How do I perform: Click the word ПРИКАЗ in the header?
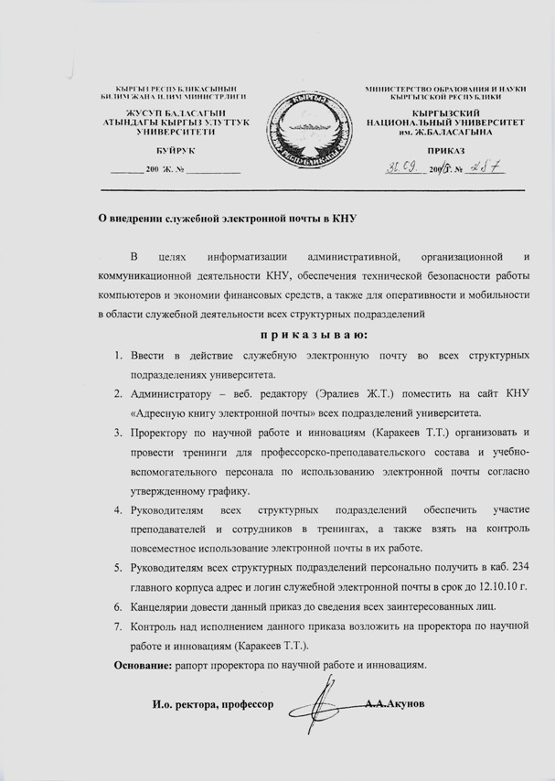pyautogui.click(x=446, y=150)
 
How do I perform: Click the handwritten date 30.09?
pyautogui.click(x=400, y=167)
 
